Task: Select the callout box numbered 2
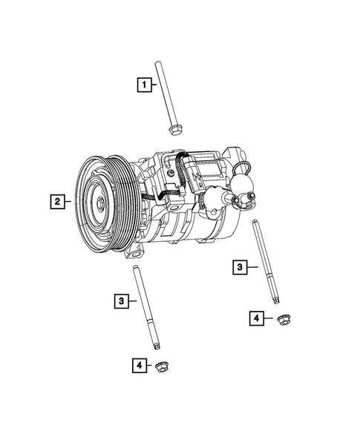[x=56, y=200]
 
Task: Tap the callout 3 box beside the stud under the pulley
[x=121, y=300]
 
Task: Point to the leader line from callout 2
[x=68, y=200]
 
